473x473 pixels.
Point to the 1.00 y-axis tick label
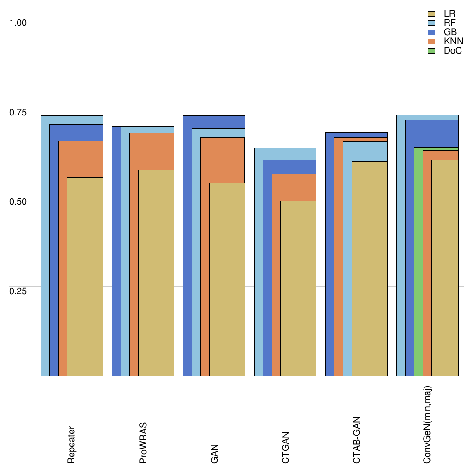coord(18,22)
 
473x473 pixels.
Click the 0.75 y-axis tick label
coord(18,112)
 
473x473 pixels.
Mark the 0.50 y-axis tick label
coord(18,201)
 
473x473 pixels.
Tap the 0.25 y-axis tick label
coord(18,291)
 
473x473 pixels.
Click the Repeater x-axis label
coord(71,445)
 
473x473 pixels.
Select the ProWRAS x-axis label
coord(143,443)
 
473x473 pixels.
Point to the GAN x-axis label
coord(214,454)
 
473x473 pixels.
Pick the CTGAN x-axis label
coord(285,448)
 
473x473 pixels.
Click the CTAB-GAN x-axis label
coord(357,441)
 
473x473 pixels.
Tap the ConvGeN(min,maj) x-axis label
coord(428,424)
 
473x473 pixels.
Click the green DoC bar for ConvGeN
coord(418,263)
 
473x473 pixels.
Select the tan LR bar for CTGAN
coord(298,289)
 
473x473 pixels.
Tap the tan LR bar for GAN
coord(227,279)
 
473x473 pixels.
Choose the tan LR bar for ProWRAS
coord(156,273)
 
